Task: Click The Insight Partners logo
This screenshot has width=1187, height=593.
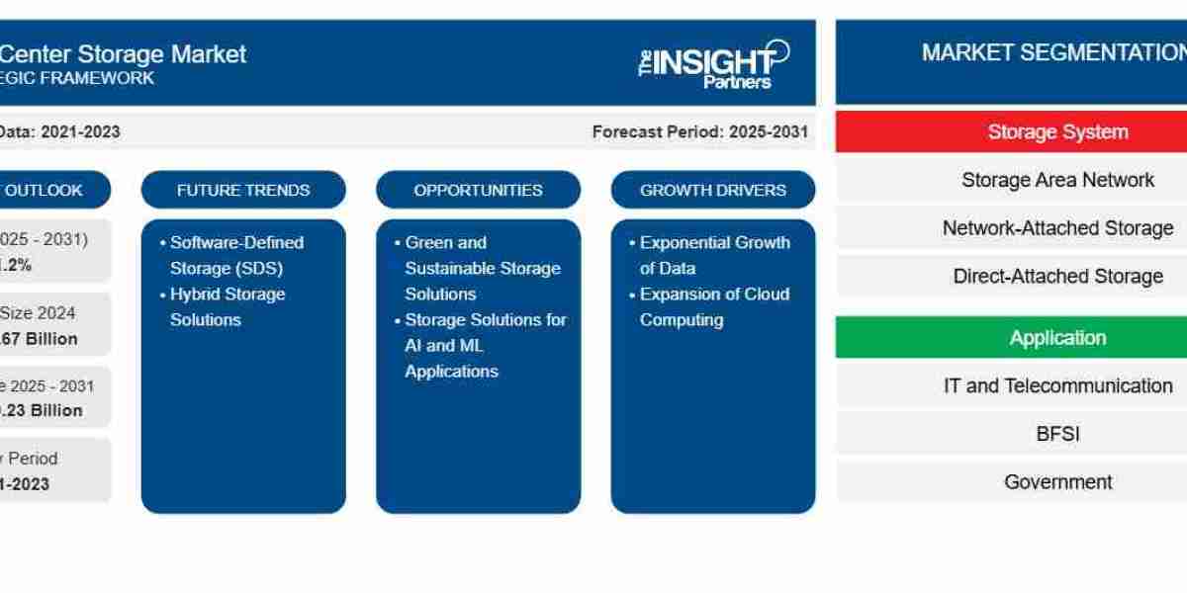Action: (x=713, y=64)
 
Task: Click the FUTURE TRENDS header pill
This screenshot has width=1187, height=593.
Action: (x=243, y=190)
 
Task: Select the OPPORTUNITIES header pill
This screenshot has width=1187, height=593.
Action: (x=478, y=190)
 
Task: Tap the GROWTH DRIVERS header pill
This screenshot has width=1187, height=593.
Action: (x=712, y=190)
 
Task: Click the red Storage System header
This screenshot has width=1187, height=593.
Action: (x=1056, y=131)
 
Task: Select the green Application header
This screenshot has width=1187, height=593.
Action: (x=1056, y=338)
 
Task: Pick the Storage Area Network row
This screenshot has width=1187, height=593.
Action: (x=1056, y=180)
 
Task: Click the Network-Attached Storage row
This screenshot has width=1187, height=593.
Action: (x=1056, y=227)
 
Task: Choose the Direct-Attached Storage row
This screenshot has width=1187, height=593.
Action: (x=1056, y=276)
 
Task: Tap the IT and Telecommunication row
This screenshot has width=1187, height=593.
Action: (x=1056, y=385)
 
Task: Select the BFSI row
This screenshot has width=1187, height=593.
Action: (x=1056, y=433)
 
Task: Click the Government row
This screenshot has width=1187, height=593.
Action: (x=1056, y=481)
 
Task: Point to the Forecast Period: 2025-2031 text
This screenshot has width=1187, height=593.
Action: (x=699, y=131)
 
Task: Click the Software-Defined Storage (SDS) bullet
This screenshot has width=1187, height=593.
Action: (x=235, y=255)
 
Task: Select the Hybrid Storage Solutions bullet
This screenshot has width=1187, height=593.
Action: (x=227, y=306)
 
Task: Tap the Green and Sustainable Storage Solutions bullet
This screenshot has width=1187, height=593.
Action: (x=482, y=268)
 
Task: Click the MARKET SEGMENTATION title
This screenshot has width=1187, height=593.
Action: (x=1052, y=53)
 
